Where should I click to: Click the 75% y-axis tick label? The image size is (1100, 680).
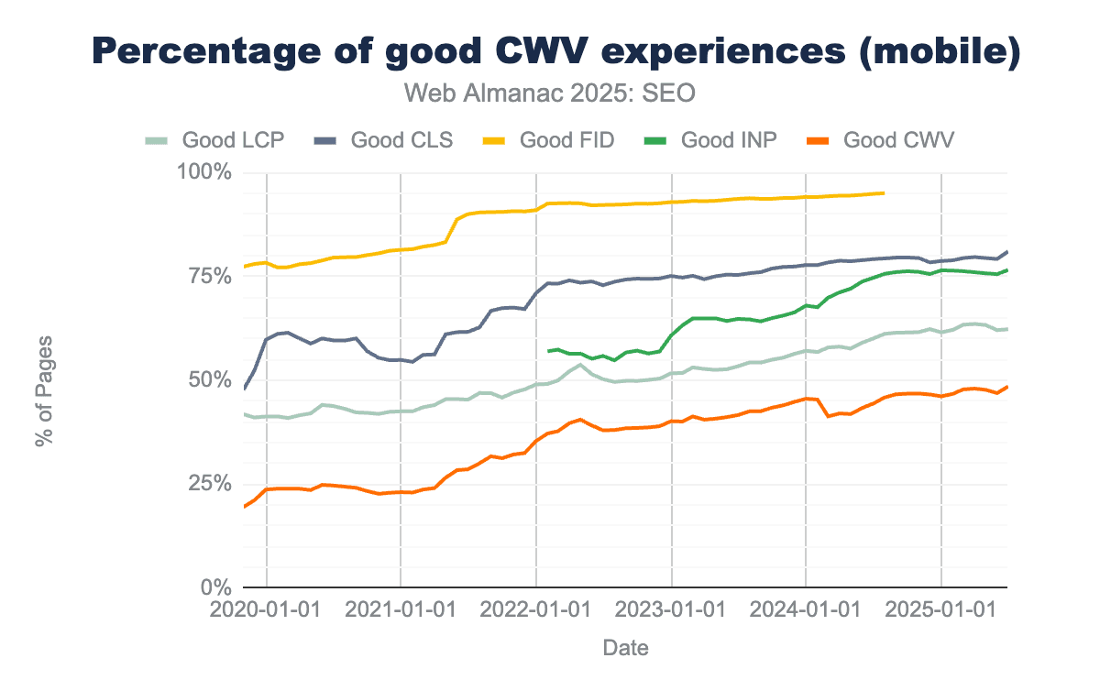(210, 277)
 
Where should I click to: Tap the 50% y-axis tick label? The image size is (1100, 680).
(210, 380)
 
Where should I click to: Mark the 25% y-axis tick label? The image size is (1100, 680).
(210, 484)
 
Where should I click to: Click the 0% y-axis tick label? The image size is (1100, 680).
(216, 587)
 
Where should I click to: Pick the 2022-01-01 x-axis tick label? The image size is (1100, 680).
(535, 610)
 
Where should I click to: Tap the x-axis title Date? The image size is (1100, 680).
(626, 649)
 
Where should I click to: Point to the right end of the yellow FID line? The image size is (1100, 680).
(883, 192)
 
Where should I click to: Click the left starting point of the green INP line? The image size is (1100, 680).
(548, 351)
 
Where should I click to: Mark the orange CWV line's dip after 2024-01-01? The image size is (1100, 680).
(829, 416)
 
